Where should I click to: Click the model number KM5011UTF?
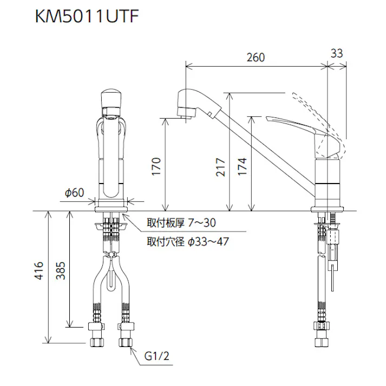(x=87, y=17)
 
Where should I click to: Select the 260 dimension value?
(x=256, y=57)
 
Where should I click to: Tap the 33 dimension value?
(x=336, y=53)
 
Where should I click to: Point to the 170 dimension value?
(x=155, y=167)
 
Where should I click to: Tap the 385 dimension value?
(x=61, y=270)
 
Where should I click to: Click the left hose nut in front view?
(x=98, y=339)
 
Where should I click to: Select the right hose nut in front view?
(x=126, y=339)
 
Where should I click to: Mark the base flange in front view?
(x=112, y=207)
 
